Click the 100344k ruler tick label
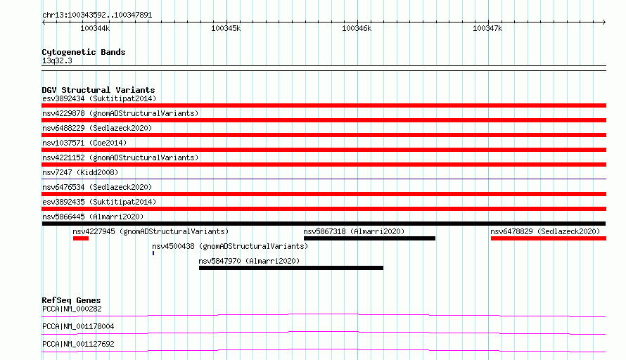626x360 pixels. [95, 28]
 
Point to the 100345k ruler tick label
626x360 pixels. [226, 28]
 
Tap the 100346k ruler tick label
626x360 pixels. [357, 28]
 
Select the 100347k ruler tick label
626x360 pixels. [487, 28]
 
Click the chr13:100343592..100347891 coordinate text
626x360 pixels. [97, 15]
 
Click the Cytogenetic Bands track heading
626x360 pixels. [84, 52]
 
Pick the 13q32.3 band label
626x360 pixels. [57, 60]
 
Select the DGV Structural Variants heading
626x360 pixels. [98, 90]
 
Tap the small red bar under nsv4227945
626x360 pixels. [81, 238]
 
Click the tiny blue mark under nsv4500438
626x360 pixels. [153, 253]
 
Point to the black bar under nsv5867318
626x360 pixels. [369, 238]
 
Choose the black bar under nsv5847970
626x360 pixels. [291, 268]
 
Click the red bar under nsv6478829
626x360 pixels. [549, 238]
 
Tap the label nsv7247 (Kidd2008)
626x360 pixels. [80, 172]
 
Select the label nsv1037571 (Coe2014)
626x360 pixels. [84, 143]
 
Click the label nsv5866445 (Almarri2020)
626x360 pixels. [93, 217]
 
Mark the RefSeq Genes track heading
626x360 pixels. [71, 300]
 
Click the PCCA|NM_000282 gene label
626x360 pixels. [72, 309]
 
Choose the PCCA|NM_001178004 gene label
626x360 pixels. [78, 326]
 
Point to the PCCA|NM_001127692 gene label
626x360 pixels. [78, 344]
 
